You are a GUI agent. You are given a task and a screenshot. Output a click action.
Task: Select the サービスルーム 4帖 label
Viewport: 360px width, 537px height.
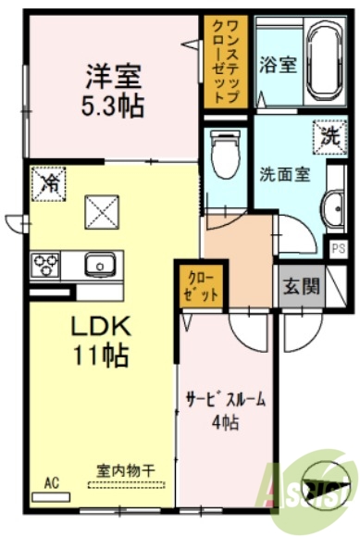225,411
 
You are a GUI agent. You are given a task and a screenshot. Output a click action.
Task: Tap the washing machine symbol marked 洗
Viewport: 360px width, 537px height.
329,136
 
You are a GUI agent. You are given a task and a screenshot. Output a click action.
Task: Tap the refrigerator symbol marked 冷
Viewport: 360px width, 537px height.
46,182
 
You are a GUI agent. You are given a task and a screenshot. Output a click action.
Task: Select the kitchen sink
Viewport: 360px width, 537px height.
98,266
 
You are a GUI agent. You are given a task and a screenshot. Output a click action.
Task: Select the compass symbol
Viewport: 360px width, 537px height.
326,485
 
